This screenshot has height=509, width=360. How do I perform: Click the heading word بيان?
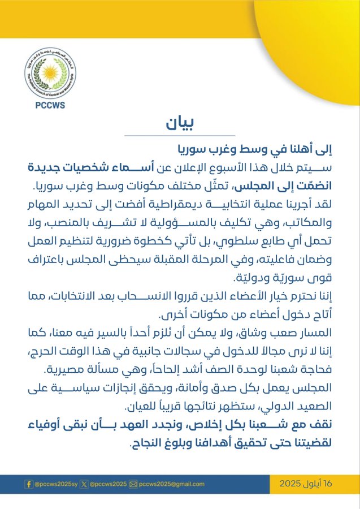point(179,124)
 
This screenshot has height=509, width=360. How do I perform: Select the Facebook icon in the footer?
point(28,484)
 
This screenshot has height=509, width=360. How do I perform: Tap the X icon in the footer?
point(84,484)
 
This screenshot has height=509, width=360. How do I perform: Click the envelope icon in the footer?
point(133,484)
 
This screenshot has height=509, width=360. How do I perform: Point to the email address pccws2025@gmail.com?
point(172,484)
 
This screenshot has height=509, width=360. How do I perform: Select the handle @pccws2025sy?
point(55,484)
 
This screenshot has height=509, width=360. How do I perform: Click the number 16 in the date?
point(328,484)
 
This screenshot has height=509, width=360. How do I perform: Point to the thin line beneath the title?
point(179,136)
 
